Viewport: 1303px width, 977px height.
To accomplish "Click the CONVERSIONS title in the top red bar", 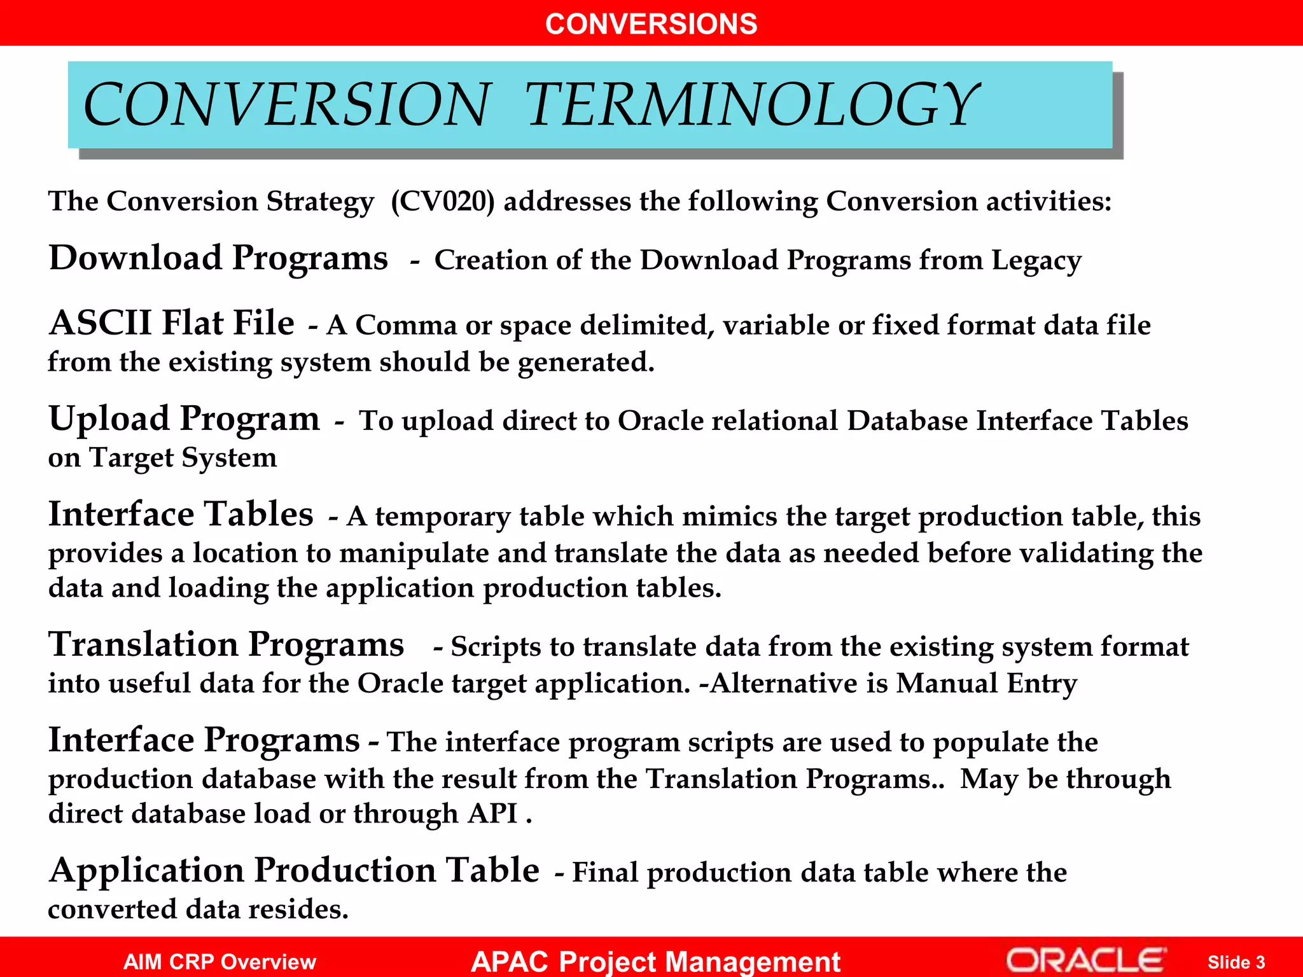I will tap(651, 24).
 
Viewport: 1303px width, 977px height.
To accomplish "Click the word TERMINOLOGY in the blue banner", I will tap(751, 105).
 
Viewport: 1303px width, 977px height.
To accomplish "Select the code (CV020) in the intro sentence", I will tap(442, 202).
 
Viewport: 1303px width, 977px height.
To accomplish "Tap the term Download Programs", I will tap(218, 258).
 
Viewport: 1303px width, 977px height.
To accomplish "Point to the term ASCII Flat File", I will tap(172, 323).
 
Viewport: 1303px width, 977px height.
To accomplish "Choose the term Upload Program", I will tap(185, 419).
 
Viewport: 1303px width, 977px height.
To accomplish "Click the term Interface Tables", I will tap(181, 515).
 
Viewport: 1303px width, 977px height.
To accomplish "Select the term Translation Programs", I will tap(226, 645).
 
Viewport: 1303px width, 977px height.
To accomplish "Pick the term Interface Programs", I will tap(204, 740).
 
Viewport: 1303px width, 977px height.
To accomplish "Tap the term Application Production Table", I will tap(295, 871).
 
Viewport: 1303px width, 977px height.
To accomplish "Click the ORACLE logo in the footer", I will tap(1086, 960).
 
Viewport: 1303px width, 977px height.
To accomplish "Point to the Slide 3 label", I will tap(1236, 962).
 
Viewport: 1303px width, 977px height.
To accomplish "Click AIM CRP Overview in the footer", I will tap(219, 962).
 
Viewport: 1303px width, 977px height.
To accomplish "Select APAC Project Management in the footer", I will tap(655, 961).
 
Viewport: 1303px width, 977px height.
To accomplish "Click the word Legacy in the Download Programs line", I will tap(1036, 261).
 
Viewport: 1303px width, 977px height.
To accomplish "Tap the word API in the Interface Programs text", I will tap(492, 814).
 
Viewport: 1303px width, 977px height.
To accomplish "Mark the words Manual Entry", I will tap(986, 684).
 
